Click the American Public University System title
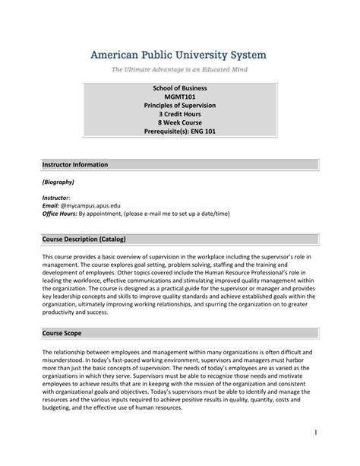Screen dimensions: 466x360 [x=179, y=55]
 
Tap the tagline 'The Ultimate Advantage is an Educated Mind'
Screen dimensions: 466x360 [x=179, y=69]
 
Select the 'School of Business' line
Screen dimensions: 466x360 [x=180, y=90]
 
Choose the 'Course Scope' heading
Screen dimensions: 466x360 [x=62, y=312]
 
